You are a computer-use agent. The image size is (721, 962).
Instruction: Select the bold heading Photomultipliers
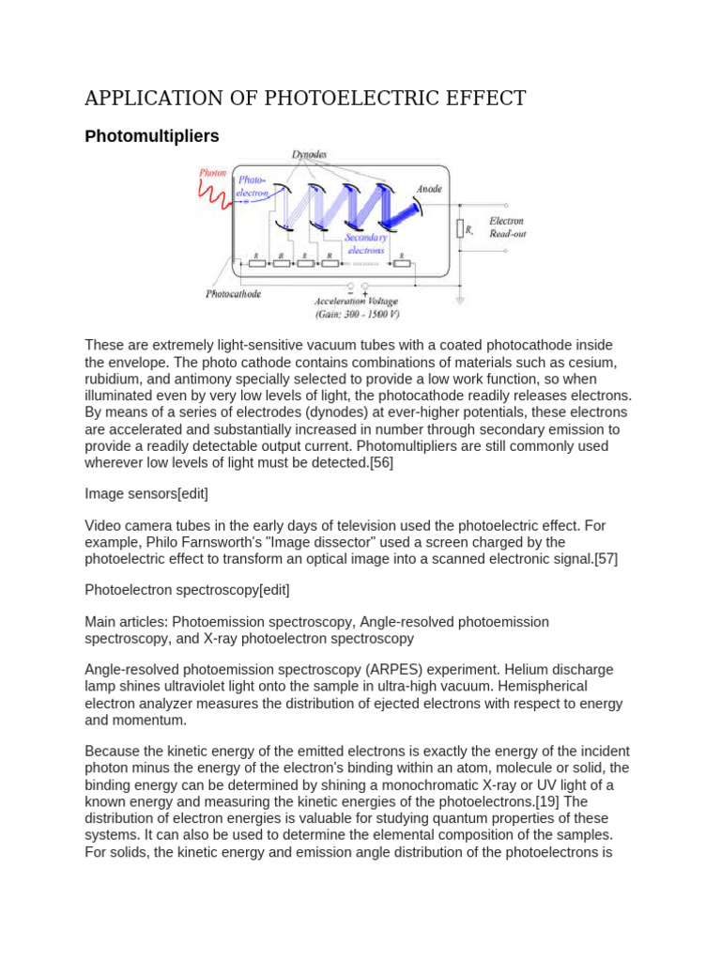151,136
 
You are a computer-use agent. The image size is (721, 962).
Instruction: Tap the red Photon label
213,174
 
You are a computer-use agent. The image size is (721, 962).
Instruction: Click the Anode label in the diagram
429,189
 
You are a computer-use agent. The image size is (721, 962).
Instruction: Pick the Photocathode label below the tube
233,294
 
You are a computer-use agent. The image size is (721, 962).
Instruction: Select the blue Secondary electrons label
366,244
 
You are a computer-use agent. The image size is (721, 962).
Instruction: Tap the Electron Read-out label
507,227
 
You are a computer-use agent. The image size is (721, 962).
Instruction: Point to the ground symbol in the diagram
460,302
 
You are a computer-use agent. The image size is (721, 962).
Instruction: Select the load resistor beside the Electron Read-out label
460,228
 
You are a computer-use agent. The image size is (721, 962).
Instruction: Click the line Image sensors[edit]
146,493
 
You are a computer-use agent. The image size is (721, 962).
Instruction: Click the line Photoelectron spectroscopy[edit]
187,590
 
